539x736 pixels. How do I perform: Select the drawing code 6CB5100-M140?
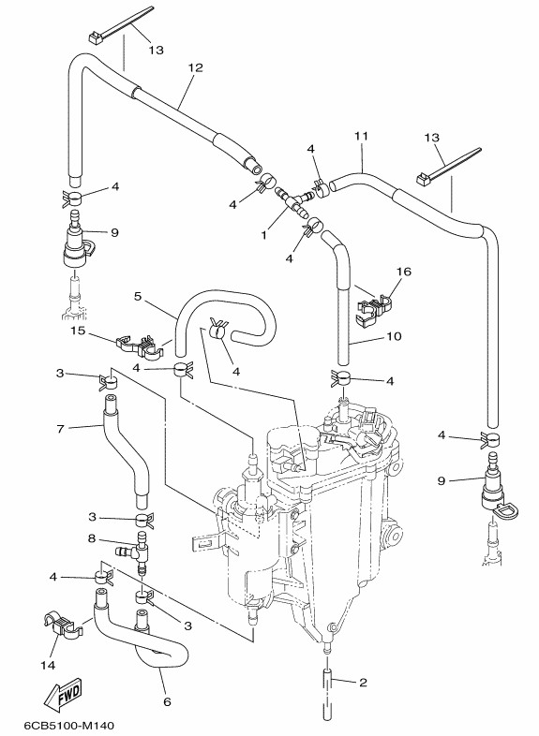[68, 726]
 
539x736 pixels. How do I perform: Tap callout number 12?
[195, 68]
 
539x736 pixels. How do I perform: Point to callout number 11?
[361, 136]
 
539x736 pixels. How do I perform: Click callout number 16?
[404, 272]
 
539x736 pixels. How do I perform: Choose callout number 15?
[78, 331]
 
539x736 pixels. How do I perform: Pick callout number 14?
[48, 665]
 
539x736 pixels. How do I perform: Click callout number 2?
[363, 683]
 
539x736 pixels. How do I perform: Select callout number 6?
[167, 701]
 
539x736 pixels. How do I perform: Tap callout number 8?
[92, 538]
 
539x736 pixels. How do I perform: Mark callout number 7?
[60, 429]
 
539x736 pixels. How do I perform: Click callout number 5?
[137, 297]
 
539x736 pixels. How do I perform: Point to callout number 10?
[394, 336]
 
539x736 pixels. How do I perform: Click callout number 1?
[263, 235]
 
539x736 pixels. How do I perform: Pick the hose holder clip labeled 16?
[375, 308]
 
